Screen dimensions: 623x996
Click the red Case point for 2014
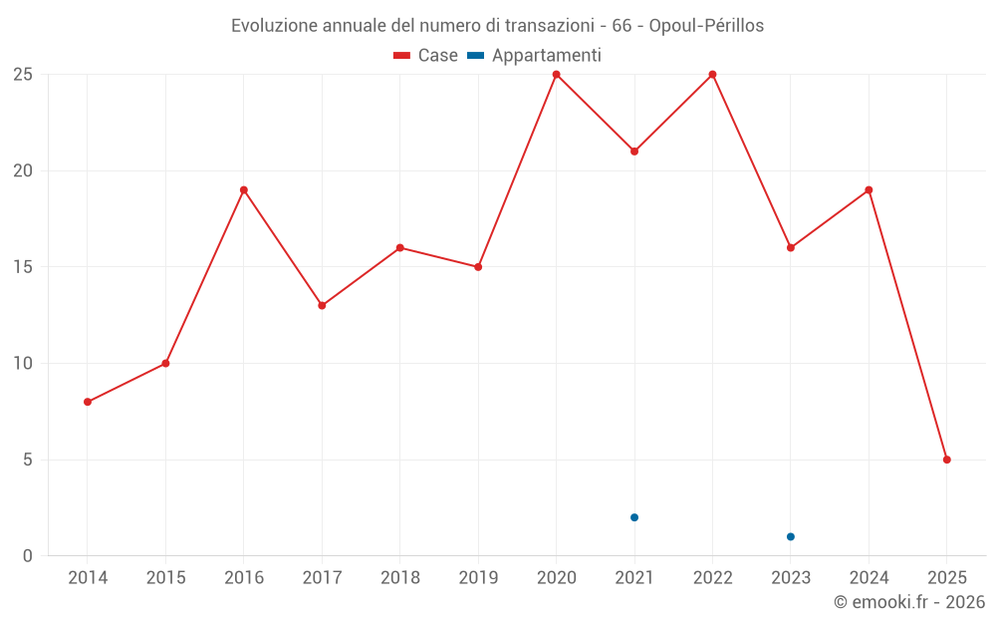(88, 402)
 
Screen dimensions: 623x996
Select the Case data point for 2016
(244, 189)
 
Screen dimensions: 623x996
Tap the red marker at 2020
(556, 75)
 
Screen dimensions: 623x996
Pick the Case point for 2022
(712, 75)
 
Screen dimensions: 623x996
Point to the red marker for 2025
(946, 460)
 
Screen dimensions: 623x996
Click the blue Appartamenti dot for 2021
(634, 517)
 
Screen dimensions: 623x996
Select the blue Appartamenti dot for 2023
(791, 536)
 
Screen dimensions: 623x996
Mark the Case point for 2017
(322, 305)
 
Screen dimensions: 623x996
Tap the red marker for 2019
(478, 267)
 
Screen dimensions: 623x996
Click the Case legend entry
(426, 56)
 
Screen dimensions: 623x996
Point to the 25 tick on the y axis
(22, 75)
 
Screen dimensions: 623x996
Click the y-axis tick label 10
(22, 363)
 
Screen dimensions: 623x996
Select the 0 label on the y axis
(28, 555)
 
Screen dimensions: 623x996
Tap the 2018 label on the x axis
(400, 578)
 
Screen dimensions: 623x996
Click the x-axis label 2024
(869, 578)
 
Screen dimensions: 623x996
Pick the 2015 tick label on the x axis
(165, 578)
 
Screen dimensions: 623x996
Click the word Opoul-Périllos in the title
(706, 26)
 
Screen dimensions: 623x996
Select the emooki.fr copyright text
(909, 602)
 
